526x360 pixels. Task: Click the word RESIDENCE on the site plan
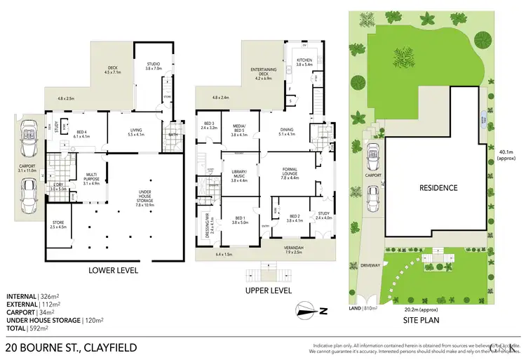[x=438, y=187]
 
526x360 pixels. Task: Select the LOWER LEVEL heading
[x=113, y=270]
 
